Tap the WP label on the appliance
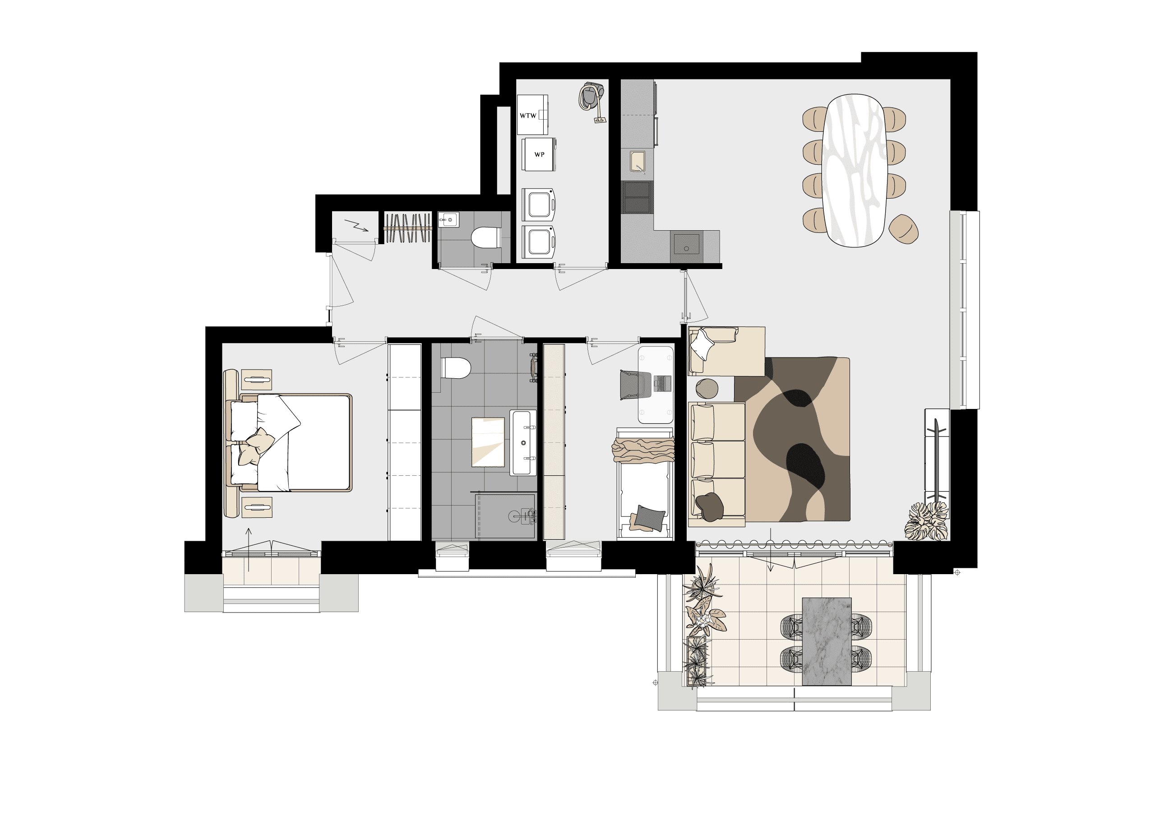pos(539,154)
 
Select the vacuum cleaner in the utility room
pos(592,102)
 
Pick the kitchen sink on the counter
pos(638,162)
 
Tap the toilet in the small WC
pos(485,237)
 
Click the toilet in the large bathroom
pos(455,368)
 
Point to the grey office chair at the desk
pos(636,385)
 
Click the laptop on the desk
pos(662,384)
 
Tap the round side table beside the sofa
pos(707,389)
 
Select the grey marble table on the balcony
pos(827,641)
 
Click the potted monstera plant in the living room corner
pos(927,521)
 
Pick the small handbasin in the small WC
pos(448,219)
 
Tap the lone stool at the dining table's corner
pos(903,229)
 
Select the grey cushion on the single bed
pos(649,517)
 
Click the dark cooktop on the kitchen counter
pos(638,197)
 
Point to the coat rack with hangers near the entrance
pos(408,228)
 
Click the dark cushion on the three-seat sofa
pos(709,506)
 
